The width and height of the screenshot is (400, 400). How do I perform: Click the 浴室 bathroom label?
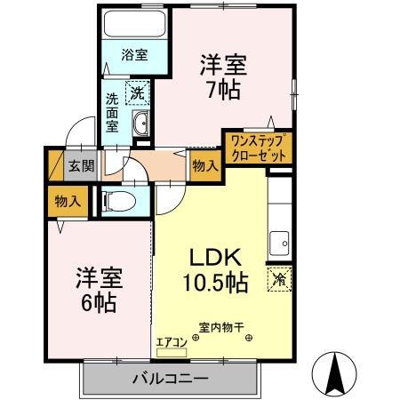pos(134,54)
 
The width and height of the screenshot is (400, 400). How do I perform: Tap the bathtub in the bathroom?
pos(134,24)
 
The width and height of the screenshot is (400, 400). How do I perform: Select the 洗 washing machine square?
pos(139,92)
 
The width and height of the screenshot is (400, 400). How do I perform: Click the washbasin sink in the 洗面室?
pos(142,123)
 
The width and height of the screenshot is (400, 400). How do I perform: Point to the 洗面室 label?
pos(113,111)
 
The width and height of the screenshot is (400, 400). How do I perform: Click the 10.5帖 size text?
pos(217,284)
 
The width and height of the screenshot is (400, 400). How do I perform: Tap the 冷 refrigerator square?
pos(278,277)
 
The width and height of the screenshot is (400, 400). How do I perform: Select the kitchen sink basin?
pos(279,240)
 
